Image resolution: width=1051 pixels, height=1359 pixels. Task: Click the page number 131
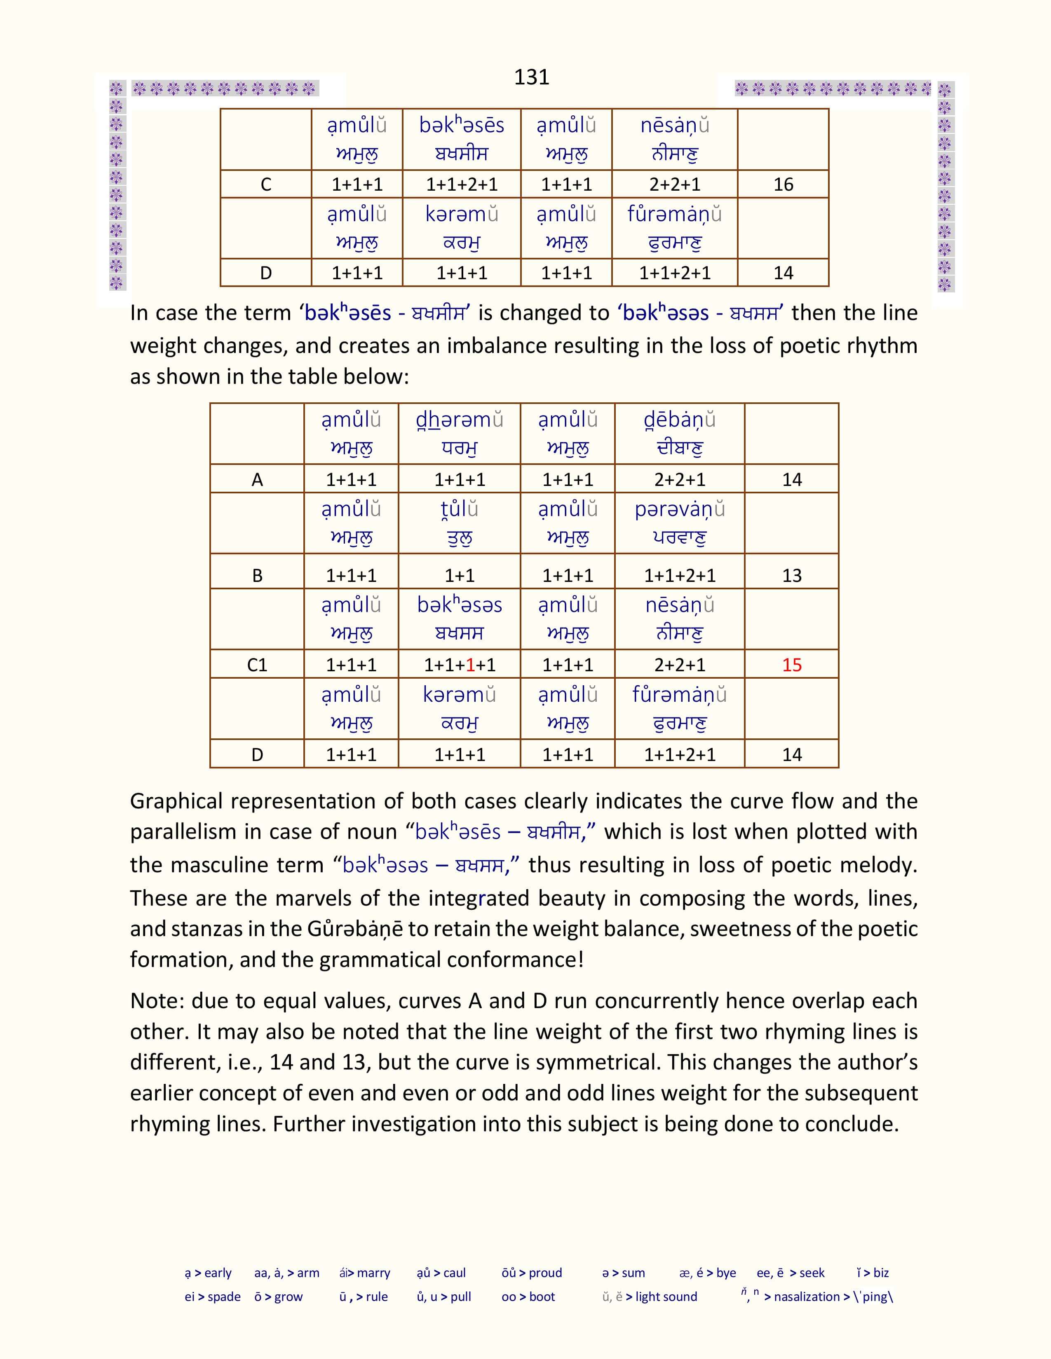click(531, 77)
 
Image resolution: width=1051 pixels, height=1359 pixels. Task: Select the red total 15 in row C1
click(791, 665)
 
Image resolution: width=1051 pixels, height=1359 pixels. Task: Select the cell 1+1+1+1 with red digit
click(460, 665)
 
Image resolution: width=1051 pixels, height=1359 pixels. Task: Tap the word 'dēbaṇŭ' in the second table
click(679, 420)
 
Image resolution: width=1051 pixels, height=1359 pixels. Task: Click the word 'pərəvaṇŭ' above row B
click(679, 510)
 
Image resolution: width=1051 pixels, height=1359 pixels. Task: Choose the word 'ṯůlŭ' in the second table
click(460, 510)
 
